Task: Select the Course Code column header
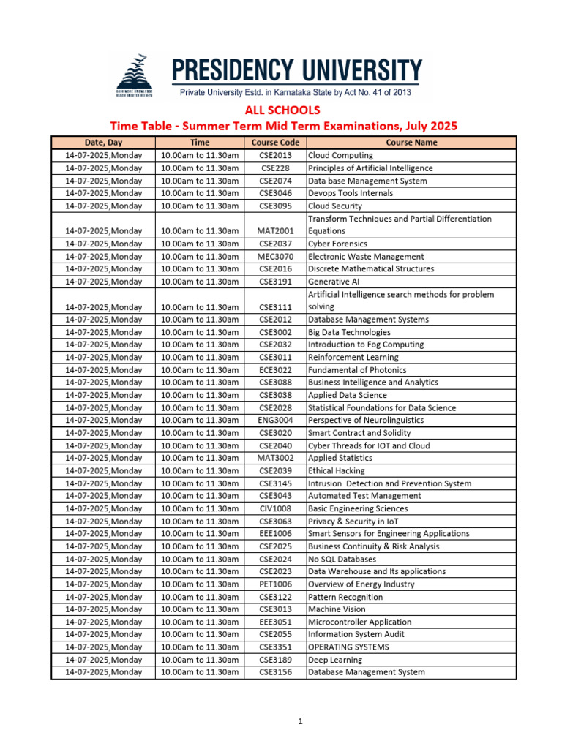point(274,143)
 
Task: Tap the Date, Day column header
point(104,143)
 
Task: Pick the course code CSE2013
point(274,156)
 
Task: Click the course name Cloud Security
point(334,206)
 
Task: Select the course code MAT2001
point(274,231)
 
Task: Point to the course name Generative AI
point(333,282)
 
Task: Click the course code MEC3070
point(274,257)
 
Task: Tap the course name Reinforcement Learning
point(353,358)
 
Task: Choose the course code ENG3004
point(274,421)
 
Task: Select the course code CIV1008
point(274,509)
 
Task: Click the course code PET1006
point(274,584)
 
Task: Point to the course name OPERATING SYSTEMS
point(348,647)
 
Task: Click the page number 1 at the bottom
point(300,722)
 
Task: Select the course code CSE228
point(274,168)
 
